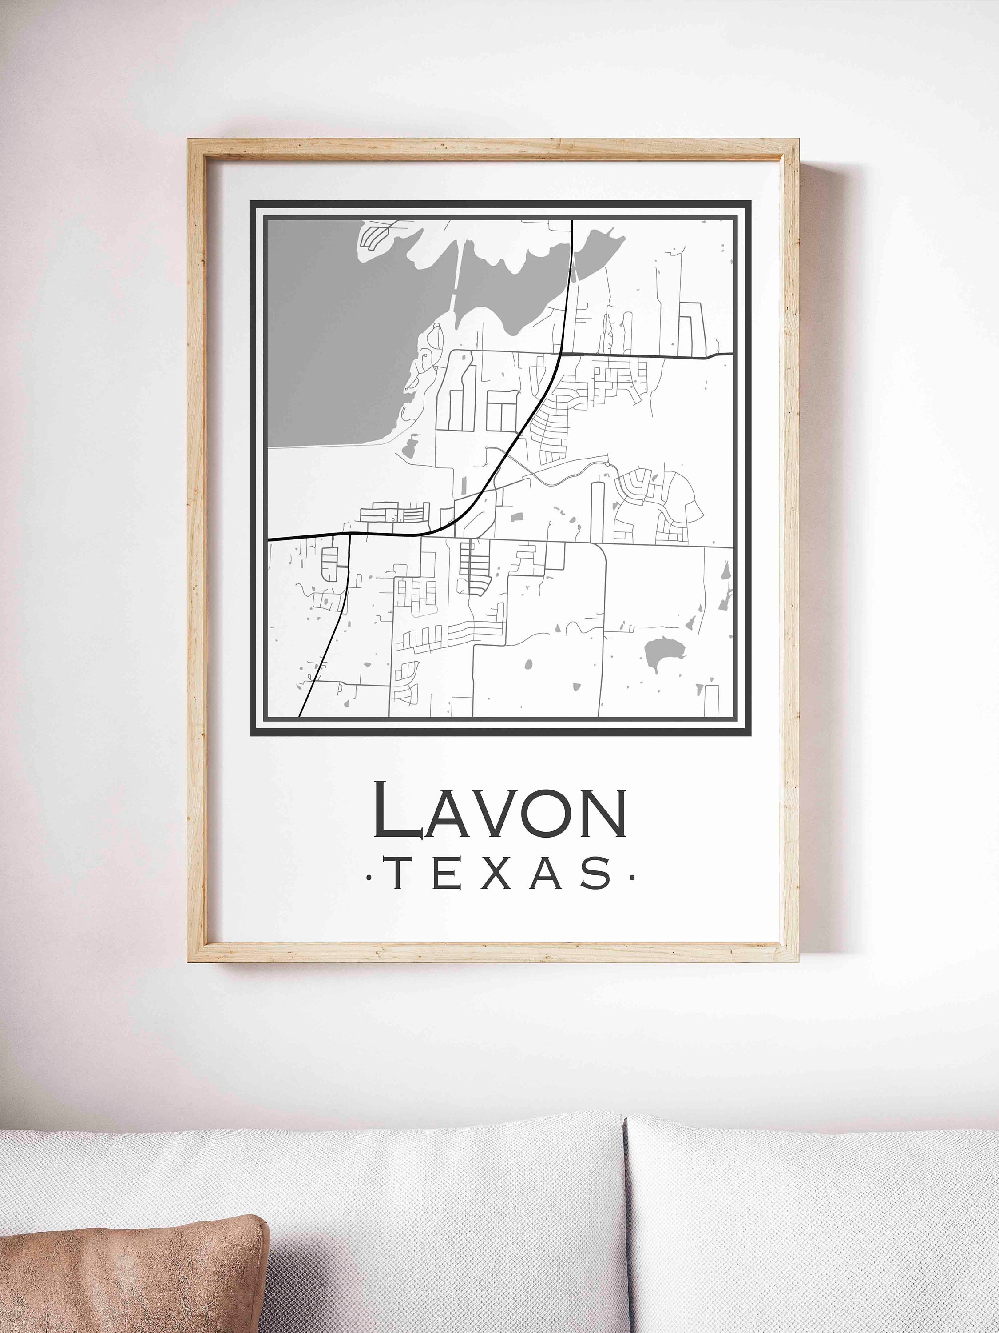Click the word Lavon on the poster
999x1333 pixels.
click(500, 810)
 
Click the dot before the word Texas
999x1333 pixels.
click(369, 877)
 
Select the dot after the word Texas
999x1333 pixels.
click(631, 877)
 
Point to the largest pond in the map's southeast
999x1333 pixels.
click(662, 655)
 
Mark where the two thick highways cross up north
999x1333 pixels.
click(561, 354)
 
